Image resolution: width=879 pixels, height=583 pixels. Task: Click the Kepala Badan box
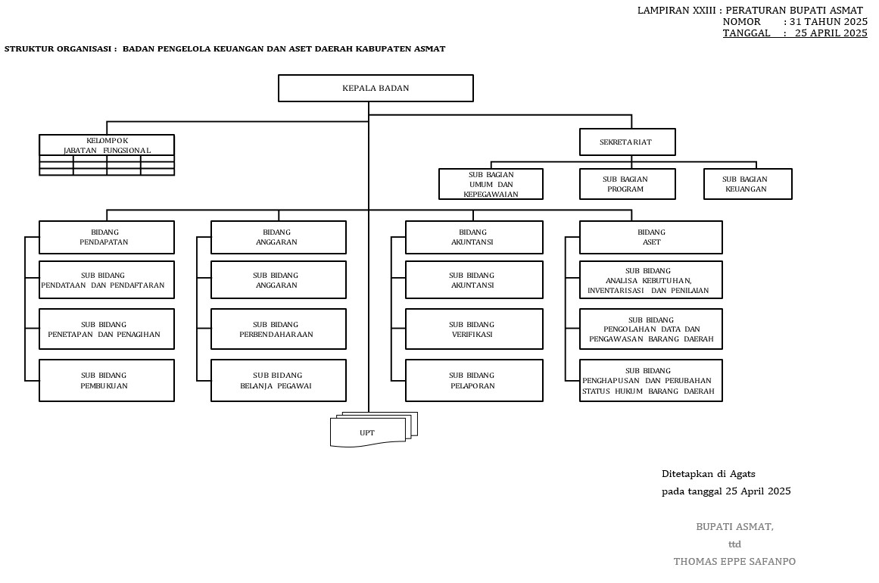coord(376,88)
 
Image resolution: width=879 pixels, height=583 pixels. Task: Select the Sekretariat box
coord(627,142)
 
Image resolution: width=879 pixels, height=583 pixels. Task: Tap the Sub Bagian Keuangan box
coord(747,184)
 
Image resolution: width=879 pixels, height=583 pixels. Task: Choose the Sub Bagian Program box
coord(627,184)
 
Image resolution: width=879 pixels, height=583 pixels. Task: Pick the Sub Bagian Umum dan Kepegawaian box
coord(491,184)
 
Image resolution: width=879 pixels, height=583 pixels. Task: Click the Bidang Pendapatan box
coord(106,237)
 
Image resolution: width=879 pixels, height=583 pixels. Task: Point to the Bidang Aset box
coord(650,237)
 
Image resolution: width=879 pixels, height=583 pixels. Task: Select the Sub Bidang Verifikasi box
coord(474,329)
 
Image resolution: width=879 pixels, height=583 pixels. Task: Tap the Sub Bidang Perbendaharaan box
coord(278,329)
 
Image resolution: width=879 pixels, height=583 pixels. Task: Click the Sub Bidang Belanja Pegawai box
coord(278,380)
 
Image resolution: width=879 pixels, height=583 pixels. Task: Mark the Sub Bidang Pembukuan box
coord(106,380)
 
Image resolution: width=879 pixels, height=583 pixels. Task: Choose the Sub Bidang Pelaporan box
coord(474,380)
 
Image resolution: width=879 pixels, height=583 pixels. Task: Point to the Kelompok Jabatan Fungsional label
coord(107,145)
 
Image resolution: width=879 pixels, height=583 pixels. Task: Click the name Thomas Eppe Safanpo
coord(734,562)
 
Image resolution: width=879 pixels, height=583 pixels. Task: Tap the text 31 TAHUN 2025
coord(829,22)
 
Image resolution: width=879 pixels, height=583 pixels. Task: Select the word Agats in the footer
coord(743,474)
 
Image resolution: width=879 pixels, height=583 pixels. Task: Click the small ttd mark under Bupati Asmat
coord(734,544)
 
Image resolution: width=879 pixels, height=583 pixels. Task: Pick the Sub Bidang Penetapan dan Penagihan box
coord(106,329)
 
